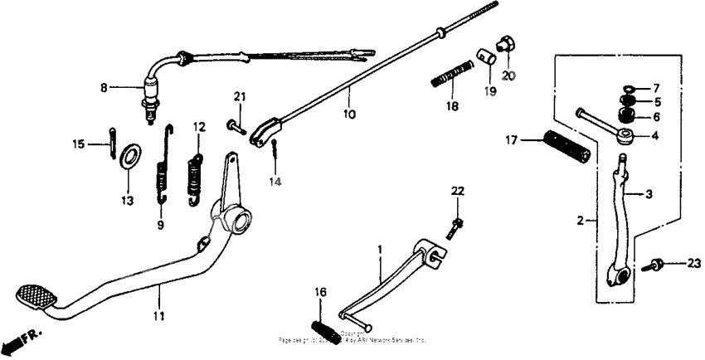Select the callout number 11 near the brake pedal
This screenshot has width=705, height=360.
158,316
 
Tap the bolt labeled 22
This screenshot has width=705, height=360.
453,225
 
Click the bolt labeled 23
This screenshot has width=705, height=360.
655,265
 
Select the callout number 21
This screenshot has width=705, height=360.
240,98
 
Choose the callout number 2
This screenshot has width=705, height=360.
581,220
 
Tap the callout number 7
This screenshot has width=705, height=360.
655,88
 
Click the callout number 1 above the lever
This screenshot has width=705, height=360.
380,249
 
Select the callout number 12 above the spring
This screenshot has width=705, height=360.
199,127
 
